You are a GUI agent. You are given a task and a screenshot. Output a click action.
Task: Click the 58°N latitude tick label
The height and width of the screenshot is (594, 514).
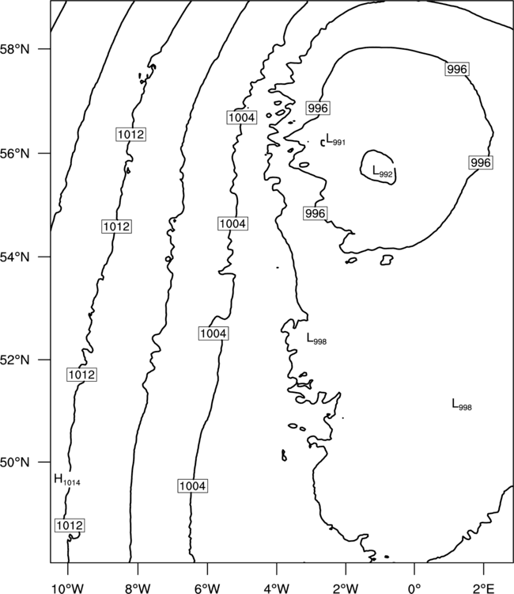click(x=15, y=49)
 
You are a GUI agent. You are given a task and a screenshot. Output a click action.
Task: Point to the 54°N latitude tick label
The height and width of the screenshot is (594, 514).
click(x=15, y=257)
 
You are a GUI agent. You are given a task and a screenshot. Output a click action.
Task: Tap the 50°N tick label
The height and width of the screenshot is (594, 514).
click(x=15, y=463)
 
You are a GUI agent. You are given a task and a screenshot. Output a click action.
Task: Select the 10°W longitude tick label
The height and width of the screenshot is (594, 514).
click(x=67, y=588)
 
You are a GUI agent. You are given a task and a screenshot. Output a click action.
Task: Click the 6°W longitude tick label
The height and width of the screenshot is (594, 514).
click(x=207, y=588)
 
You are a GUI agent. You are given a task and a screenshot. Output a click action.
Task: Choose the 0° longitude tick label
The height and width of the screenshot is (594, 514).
click(x=414, y=588)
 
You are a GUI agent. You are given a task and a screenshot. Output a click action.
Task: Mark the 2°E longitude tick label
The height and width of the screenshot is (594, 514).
click(x=483, y=588)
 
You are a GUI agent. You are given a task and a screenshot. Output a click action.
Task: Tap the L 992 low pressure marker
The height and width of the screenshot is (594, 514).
click(x=383, y=172)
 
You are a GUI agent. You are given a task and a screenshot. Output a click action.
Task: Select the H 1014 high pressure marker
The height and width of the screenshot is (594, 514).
click(x=67, y=480)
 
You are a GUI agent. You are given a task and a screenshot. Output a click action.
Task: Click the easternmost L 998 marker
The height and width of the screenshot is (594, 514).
click(x=462, y=405)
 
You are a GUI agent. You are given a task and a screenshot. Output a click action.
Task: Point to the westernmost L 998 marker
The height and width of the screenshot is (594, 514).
click(x=316, y=339)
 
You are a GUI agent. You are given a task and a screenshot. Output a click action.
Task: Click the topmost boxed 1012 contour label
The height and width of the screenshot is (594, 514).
click(x=130, y=135)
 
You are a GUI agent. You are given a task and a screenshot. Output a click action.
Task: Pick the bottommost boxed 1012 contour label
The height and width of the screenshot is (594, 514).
click(x=70, y=525)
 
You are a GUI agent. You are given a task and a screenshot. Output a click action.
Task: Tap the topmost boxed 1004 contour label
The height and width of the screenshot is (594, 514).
click(x=242, y=117)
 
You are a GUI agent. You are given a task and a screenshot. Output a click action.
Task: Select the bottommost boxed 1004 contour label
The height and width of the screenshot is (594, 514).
click(x=192, y=485)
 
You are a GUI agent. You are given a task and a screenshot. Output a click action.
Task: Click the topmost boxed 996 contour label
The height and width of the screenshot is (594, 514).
click(x=457, y=70)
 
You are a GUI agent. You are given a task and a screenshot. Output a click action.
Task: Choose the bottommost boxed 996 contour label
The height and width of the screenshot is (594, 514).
click(x=315, y=213)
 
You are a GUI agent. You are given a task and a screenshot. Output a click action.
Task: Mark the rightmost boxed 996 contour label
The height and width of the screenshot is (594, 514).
click(x=481, y=162)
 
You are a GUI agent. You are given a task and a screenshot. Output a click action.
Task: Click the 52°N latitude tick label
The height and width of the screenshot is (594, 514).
click(x=15, y=360)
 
